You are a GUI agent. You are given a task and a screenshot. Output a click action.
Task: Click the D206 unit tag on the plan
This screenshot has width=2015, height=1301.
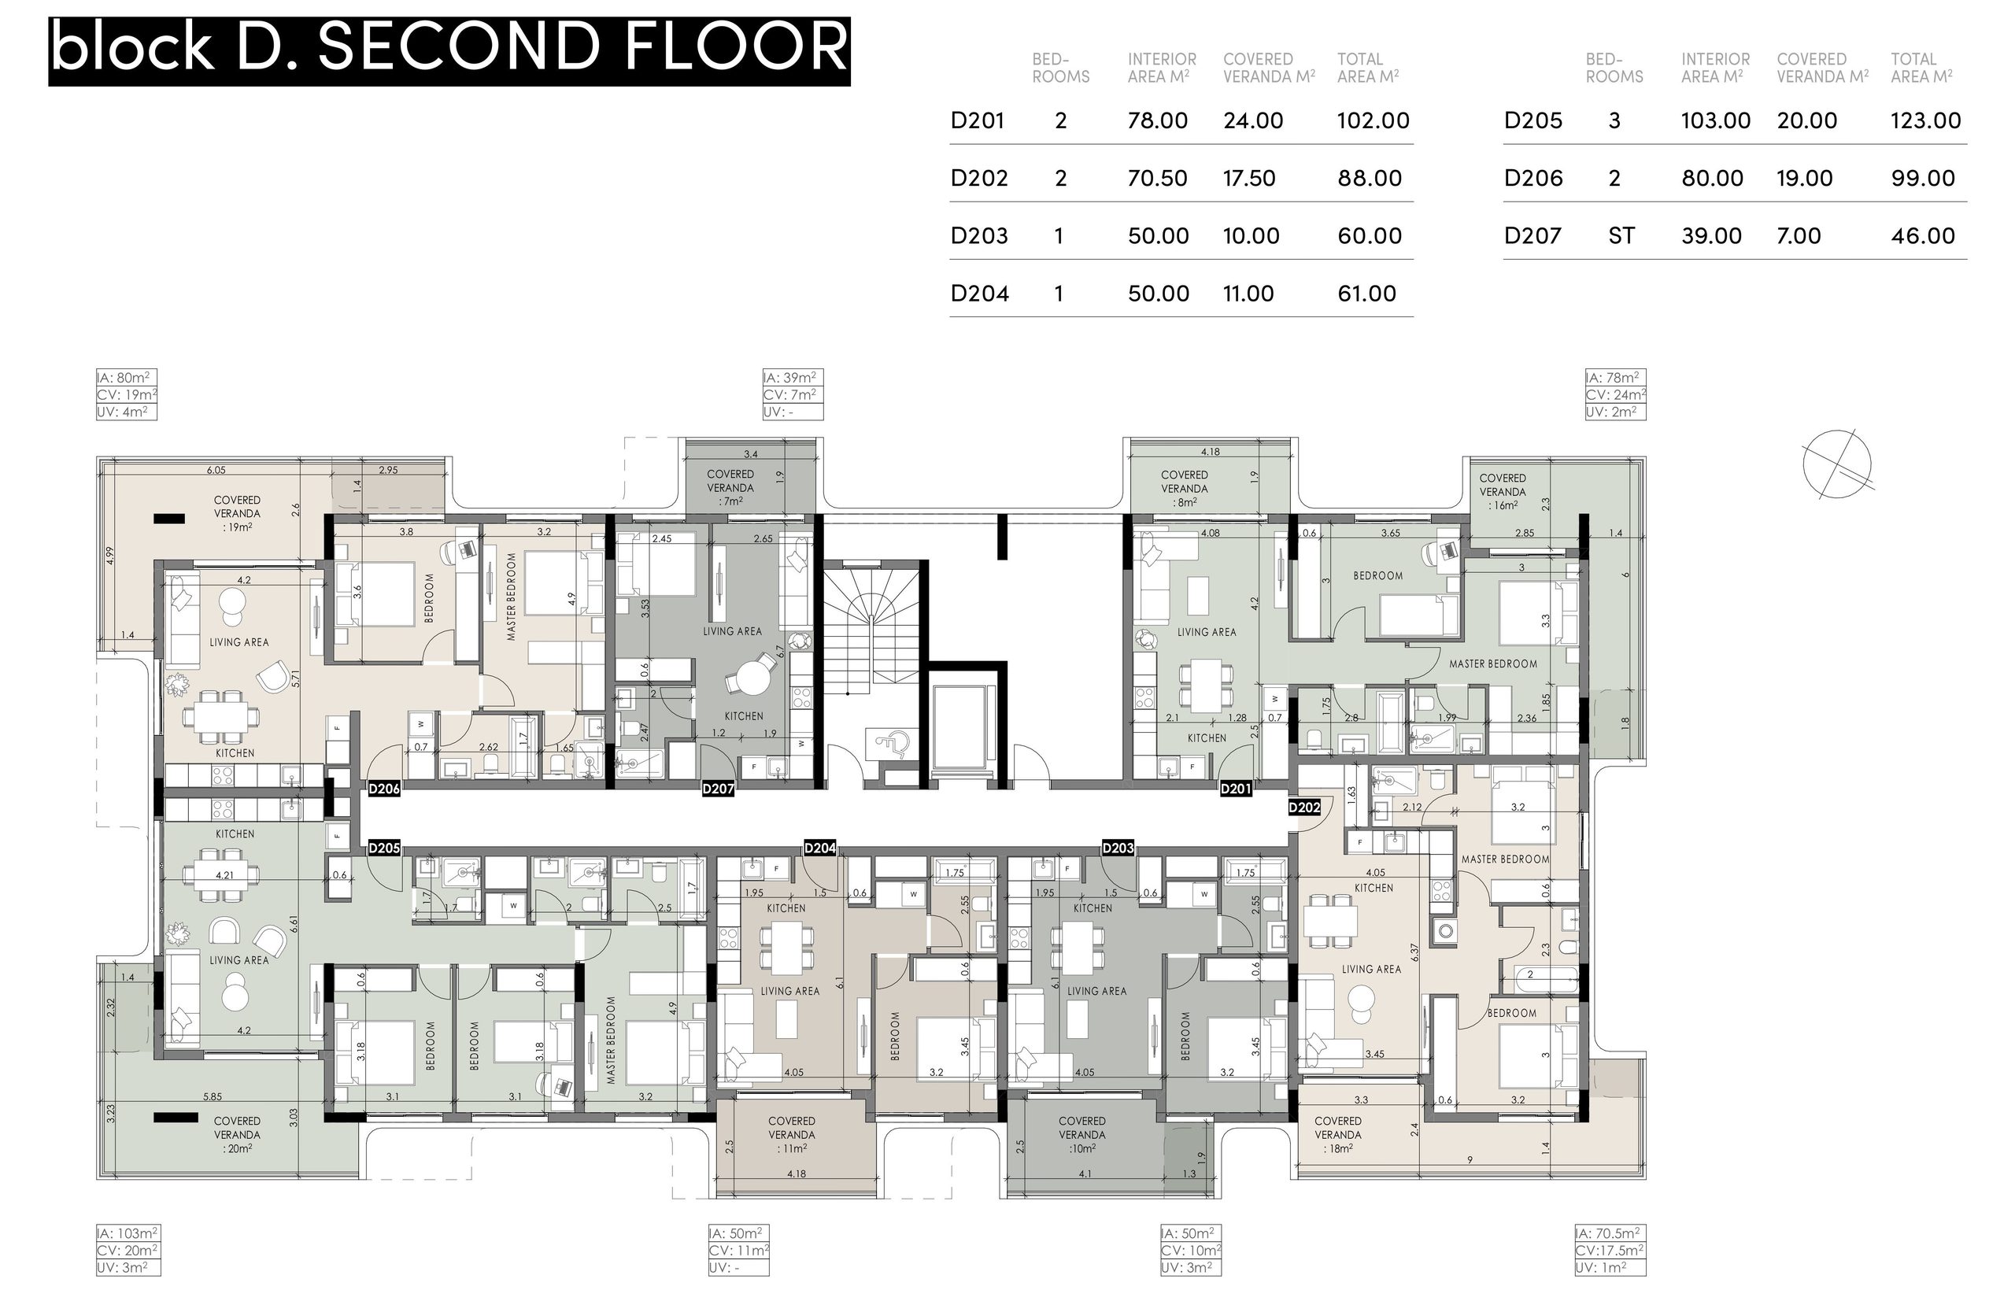click(384, 788)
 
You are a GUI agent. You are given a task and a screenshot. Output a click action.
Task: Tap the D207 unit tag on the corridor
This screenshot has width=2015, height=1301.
click(718, 788)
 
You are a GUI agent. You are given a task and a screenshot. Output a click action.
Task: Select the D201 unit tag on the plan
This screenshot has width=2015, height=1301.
click(1236, 788)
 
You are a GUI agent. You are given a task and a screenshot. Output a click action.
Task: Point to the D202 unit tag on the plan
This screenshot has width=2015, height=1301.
click(1304, 807)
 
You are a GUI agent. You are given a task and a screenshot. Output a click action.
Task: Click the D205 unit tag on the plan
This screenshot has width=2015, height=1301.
click(384, 848)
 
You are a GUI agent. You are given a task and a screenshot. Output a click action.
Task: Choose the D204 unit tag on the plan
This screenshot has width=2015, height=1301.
click(819, 848)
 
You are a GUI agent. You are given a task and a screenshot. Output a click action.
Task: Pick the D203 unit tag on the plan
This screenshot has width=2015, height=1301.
click(1118, 848)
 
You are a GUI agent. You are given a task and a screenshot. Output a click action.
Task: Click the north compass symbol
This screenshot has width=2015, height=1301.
click(1838, 464)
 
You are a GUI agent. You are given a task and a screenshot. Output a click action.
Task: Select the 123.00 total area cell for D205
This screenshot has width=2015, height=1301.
click(1925, 120)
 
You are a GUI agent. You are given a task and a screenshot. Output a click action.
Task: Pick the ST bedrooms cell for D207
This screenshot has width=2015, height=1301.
click(1621, 235)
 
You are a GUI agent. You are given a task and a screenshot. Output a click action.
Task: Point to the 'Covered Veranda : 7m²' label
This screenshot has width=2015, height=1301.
click(730, 487)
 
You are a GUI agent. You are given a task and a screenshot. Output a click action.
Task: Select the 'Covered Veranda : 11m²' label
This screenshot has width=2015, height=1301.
click(792, 1135)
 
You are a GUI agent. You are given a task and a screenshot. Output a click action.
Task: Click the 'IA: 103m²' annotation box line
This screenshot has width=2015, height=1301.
click(128, 1233)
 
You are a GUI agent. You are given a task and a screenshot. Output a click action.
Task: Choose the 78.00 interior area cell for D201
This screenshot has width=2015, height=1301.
click(1158, 120)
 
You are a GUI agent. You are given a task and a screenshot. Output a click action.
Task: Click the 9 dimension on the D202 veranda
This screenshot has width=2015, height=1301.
click(1470, 1160)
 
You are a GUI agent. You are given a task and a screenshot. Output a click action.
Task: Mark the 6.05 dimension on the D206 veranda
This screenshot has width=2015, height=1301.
click(216, 470)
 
